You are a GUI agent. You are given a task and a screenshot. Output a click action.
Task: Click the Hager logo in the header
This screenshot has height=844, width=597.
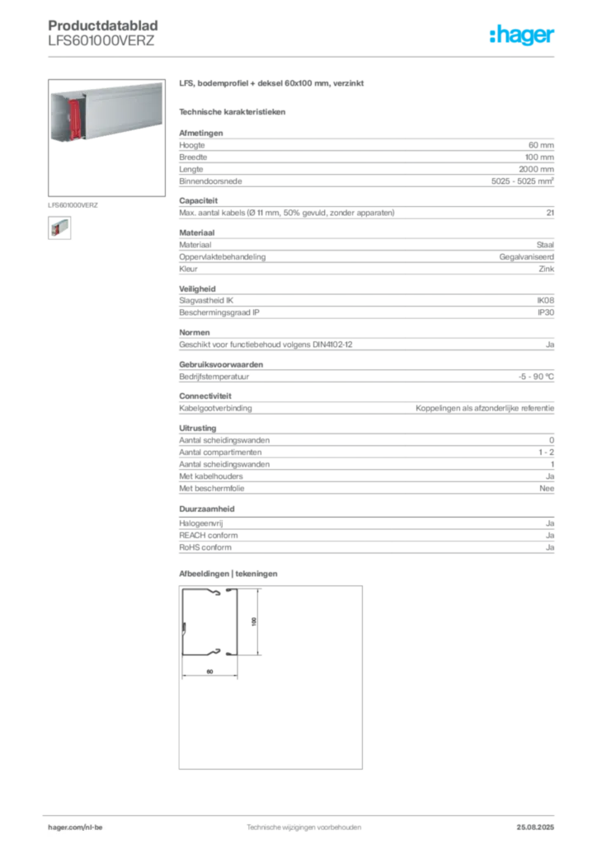pos(522,35)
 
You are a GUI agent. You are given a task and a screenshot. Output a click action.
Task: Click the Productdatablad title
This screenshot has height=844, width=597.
pos(103,26)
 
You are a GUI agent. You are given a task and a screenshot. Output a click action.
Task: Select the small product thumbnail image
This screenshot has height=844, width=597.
pos(59,227)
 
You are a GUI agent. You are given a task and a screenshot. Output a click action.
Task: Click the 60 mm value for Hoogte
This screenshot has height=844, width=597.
pos(541,145)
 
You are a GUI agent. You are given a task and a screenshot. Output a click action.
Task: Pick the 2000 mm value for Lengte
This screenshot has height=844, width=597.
pos(536,169)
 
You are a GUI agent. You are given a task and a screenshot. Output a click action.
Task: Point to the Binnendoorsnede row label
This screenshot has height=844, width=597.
pos(210,181)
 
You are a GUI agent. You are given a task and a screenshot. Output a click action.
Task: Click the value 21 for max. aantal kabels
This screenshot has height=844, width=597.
pos(550,213)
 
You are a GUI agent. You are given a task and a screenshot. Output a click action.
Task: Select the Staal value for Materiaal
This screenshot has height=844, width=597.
pos(545,245)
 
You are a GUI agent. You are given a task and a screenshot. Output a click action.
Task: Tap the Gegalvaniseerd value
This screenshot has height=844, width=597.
pos(526,257)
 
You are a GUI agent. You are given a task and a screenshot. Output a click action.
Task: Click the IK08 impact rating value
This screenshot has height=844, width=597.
pos(545,300)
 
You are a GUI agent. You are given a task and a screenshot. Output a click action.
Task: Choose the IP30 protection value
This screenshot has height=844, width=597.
pos(546,312)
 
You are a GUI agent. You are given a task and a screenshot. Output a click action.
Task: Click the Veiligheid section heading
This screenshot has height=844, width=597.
pos(197,289)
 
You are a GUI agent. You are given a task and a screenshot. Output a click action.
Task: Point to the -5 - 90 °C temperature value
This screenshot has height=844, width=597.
pos(536,377)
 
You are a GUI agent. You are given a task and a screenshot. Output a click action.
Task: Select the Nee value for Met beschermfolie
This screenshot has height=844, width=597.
pos(547,488)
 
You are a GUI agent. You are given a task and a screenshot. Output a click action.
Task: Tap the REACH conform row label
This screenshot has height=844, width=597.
pos(209,535)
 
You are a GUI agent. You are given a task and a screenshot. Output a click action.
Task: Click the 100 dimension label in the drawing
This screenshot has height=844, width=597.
pos(253,621)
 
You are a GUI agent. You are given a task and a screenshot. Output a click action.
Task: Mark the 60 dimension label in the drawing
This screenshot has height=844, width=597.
pos(209,671)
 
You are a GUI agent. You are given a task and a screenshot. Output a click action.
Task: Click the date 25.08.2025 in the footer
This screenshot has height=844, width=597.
pos(535,828)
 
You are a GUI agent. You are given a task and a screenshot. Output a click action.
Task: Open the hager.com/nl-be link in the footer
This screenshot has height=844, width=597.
pos(75,828)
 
